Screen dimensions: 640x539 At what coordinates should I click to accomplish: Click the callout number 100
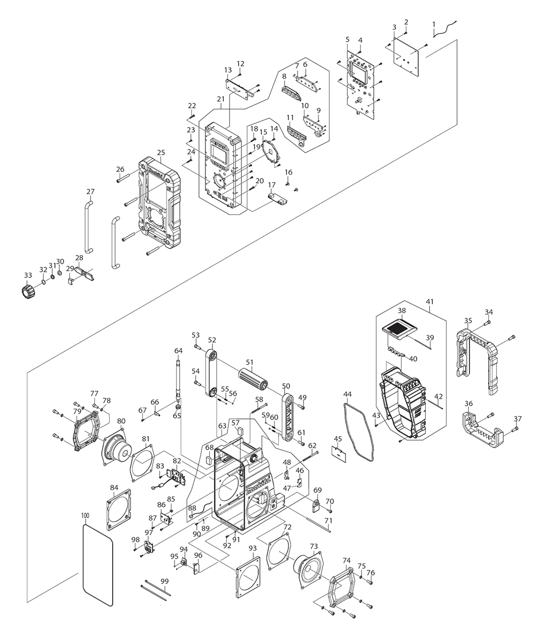pyautogui.click(x=85, y=516)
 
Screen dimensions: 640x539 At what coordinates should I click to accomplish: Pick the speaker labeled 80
pyautogui.click(x=116, y=445)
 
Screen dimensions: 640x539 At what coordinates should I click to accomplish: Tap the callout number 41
pyautogui.click(x=429, y=302)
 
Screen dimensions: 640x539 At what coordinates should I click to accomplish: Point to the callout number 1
pyautogui.click(x=433, y=24)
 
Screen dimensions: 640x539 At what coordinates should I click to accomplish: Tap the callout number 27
pyautogui.click(x=90, y=192)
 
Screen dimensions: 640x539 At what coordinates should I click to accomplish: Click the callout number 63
pyautogui.click(x=222, y=426)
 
